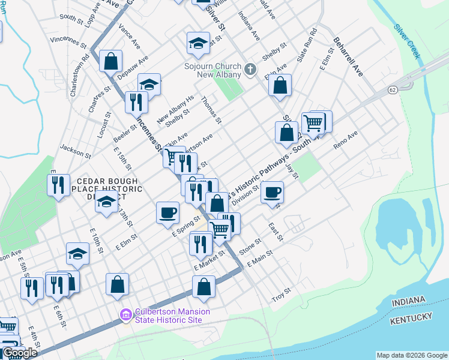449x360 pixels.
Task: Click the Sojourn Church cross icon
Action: point(251,70)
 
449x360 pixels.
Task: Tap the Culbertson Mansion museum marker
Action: point(125,314)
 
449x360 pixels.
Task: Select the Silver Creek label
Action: point(406,41)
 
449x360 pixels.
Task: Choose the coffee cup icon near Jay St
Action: point(272,193)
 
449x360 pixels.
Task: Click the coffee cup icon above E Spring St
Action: point(167,212)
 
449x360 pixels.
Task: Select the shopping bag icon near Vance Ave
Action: point(110,61)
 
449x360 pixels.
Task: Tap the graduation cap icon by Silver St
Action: point(198,43)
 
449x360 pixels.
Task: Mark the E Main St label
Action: point(259,259)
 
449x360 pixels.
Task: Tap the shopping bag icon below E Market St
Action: point(203,287)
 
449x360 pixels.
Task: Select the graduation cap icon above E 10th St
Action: point(77,254)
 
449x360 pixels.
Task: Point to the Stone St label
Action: point(250,245)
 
